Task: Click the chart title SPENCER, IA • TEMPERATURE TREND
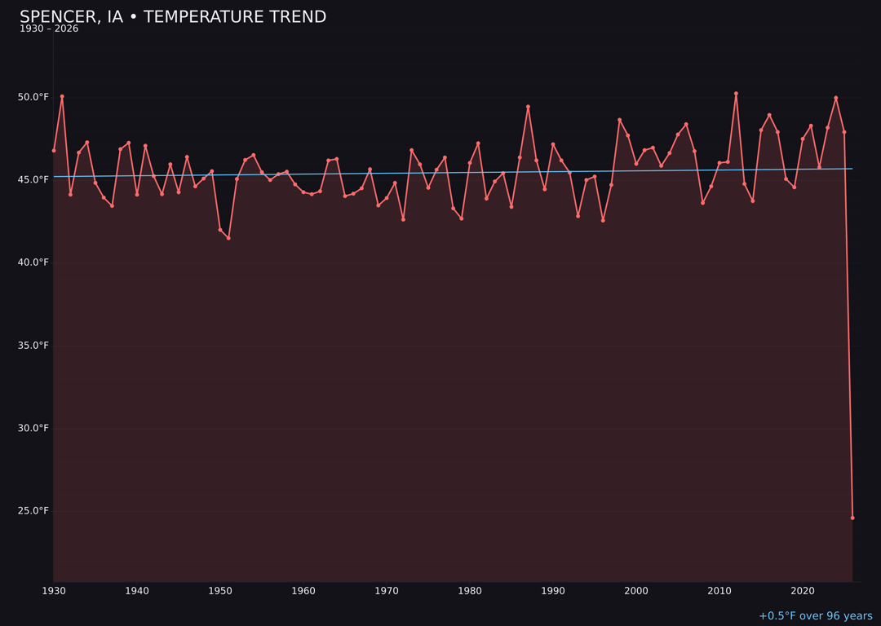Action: coord(173,17)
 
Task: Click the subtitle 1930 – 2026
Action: coord(49,29)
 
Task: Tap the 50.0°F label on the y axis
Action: coord(33,97)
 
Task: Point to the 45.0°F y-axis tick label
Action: coord(33,179)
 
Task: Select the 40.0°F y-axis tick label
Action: coord(33,262)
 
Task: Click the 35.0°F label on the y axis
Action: coord(33,346)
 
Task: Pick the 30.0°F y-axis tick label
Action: coord(33,428)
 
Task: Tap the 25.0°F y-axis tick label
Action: coord(33,511)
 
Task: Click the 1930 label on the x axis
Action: coord(54,591)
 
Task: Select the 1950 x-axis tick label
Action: coord(220,591)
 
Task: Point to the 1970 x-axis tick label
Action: coord(387,591)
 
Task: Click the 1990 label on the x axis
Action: coord(553,591)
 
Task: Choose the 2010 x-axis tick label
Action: coord(719,591)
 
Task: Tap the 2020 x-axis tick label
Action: coord(803,591)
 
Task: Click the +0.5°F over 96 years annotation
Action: coord(815,616)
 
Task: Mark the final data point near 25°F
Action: coord(852,518)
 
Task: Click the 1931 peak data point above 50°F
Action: coord(62,96)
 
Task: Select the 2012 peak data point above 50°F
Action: coord(736,94)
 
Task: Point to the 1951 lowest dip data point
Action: coord(228,238)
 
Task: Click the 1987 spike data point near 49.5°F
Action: coord(528,107)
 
